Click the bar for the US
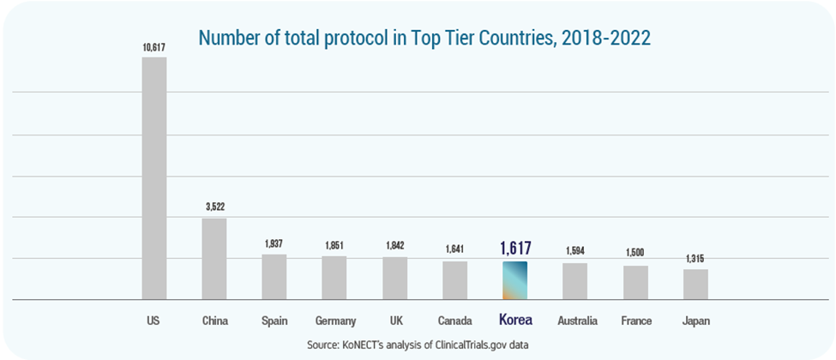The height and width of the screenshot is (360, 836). (x=154, y=178)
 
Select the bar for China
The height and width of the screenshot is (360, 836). (x=214, y=259)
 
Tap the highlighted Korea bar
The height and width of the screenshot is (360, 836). (x=515, y=280)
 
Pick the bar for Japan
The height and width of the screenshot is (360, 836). (x=696, y=284)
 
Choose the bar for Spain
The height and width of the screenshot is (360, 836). (x=274, y=277)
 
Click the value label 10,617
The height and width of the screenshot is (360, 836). (x=154, y=48)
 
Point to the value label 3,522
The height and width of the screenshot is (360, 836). (x=214, y=207)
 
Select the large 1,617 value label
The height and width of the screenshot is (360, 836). (x=515, y=249)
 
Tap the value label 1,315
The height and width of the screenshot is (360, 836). (x=696, y=259)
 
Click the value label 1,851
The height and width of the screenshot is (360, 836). (x=334, y=246)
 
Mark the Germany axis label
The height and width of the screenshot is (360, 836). (x=335, y=321)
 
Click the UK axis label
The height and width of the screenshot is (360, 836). (x=395, y=321)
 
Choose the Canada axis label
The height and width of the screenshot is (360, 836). (x=455, y=321)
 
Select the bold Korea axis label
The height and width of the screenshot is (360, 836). (x=515, y=321)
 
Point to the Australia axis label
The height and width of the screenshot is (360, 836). (x=577, y=321)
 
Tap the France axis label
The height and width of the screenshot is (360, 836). (x=636, y=321)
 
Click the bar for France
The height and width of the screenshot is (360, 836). (x=636, y=282)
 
